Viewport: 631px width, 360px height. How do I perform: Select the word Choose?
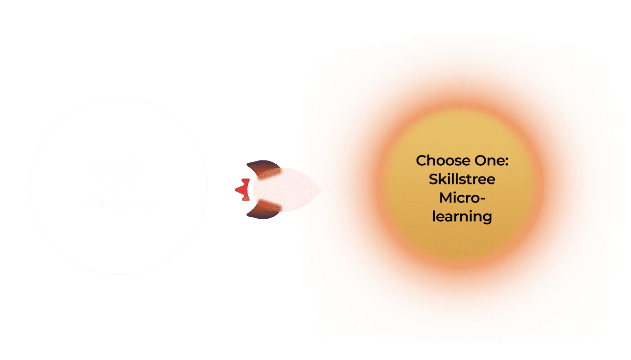(x=440, y=161)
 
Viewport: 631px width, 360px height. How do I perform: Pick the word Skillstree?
(x=462, y=180)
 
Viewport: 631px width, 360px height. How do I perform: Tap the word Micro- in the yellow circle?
(x=462, y=198)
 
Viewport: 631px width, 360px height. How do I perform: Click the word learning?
(x=462, y=216)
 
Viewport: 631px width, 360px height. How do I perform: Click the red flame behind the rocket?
(x=241, y=189)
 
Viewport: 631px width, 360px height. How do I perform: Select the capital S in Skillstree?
(x=433, y=180)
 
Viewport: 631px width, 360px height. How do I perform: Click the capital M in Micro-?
(x=446, y=198)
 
